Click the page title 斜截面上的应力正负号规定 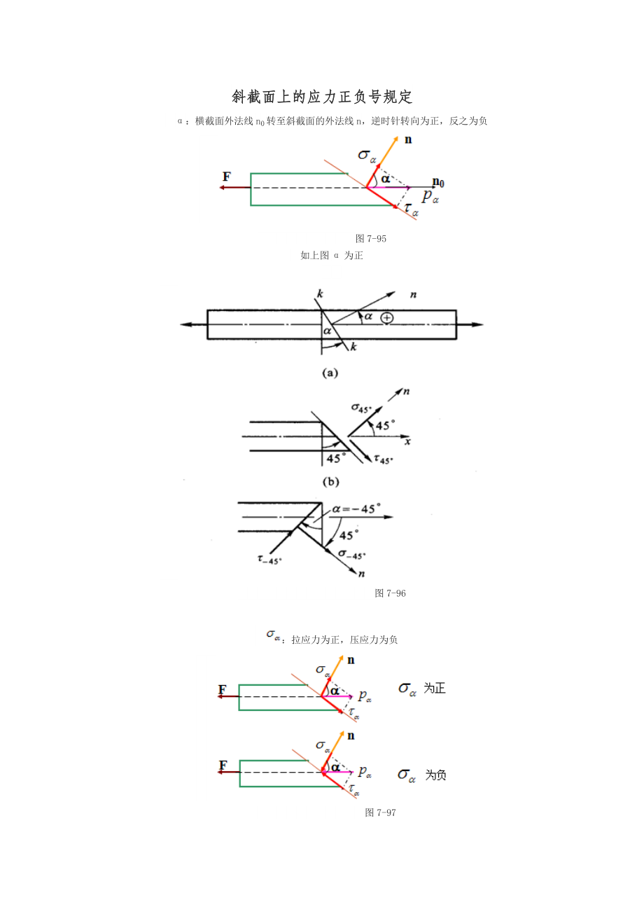coord(322,97)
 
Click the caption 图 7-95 coord(371,239)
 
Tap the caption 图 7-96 coord(391,593)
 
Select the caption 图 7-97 coord(381,813)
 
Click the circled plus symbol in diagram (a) coord(386,318)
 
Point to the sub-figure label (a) coord(330,373)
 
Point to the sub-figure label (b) coord(330,481)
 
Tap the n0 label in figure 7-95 coord(438,183)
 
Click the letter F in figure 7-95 coord(226,177)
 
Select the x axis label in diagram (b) coord(407,442)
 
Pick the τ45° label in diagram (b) coord(383,460)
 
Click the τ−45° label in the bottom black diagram coord(269,559)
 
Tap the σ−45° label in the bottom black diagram coord(351,555)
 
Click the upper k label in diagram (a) coord(319,293)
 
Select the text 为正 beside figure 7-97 coord(435,689)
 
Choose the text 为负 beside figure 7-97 coord(435,775)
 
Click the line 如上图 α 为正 coord(332,256)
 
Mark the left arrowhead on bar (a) coord(185,324)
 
